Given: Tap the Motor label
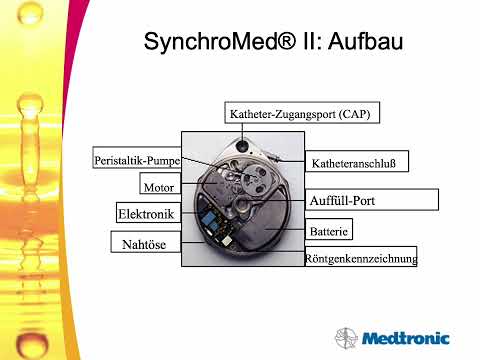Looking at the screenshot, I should click(159, 186).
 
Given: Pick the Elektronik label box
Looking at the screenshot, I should click(147, 214).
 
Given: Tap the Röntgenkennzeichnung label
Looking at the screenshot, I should click(361, 258).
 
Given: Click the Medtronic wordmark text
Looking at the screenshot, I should click(406, 338).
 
